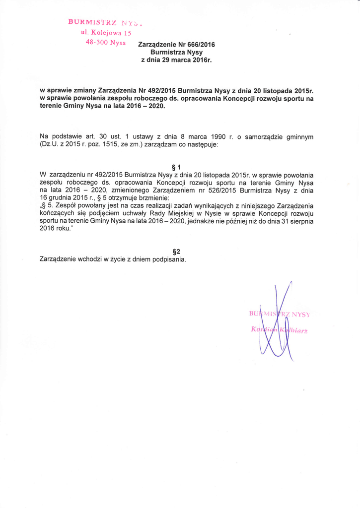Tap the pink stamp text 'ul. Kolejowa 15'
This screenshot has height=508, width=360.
[x=106, y=32]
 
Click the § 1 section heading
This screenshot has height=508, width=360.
[x=176, y=167]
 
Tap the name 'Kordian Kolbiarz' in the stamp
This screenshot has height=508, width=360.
[x=280, y=331]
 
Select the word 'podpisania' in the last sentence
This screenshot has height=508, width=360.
[x=168, y=259]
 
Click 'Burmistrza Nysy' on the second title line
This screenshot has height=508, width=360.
[x=176, y=52]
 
